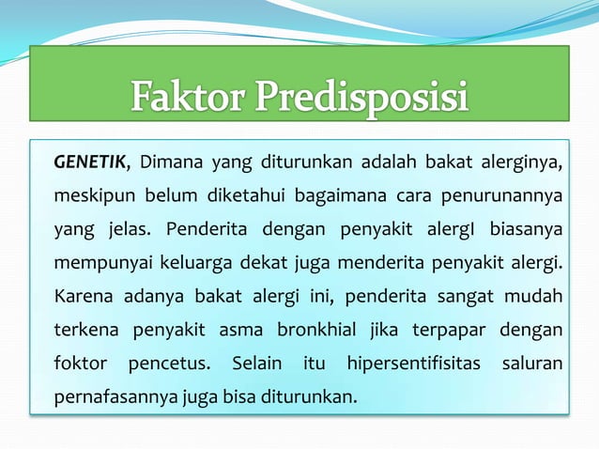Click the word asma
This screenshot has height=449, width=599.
[x=240, y=331]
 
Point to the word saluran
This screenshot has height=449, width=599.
[x=533, y=364]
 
